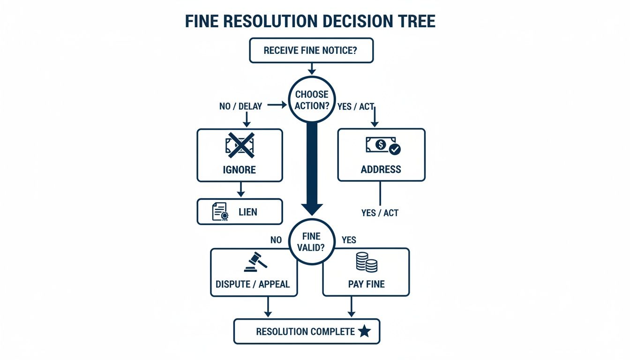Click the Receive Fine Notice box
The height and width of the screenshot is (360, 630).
pos(311,51)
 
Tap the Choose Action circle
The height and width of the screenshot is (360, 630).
pos(311,100)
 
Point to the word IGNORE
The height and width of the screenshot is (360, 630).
pos(240,169)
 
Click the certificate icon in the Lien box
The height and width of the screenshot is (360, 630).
pos(219,212)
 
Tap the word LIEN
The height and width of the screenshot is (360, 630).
pos(247,212)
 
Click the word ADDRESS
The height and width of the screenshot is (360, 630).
pos(381,169)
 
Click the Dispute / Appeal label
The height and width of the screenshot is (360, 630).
pos(253,284)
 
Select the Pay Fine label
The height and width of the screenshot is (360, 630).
pos(366,284)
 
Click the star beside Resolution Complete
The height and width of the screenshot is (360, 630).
pos(364,332)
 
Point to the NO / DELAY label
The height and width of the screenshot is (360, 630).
pos(240,106)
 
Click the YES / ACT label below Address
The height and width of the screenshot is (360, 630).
pos(380,213)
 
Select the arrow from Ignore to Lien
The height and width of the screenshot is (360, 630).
pos(240,190)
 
